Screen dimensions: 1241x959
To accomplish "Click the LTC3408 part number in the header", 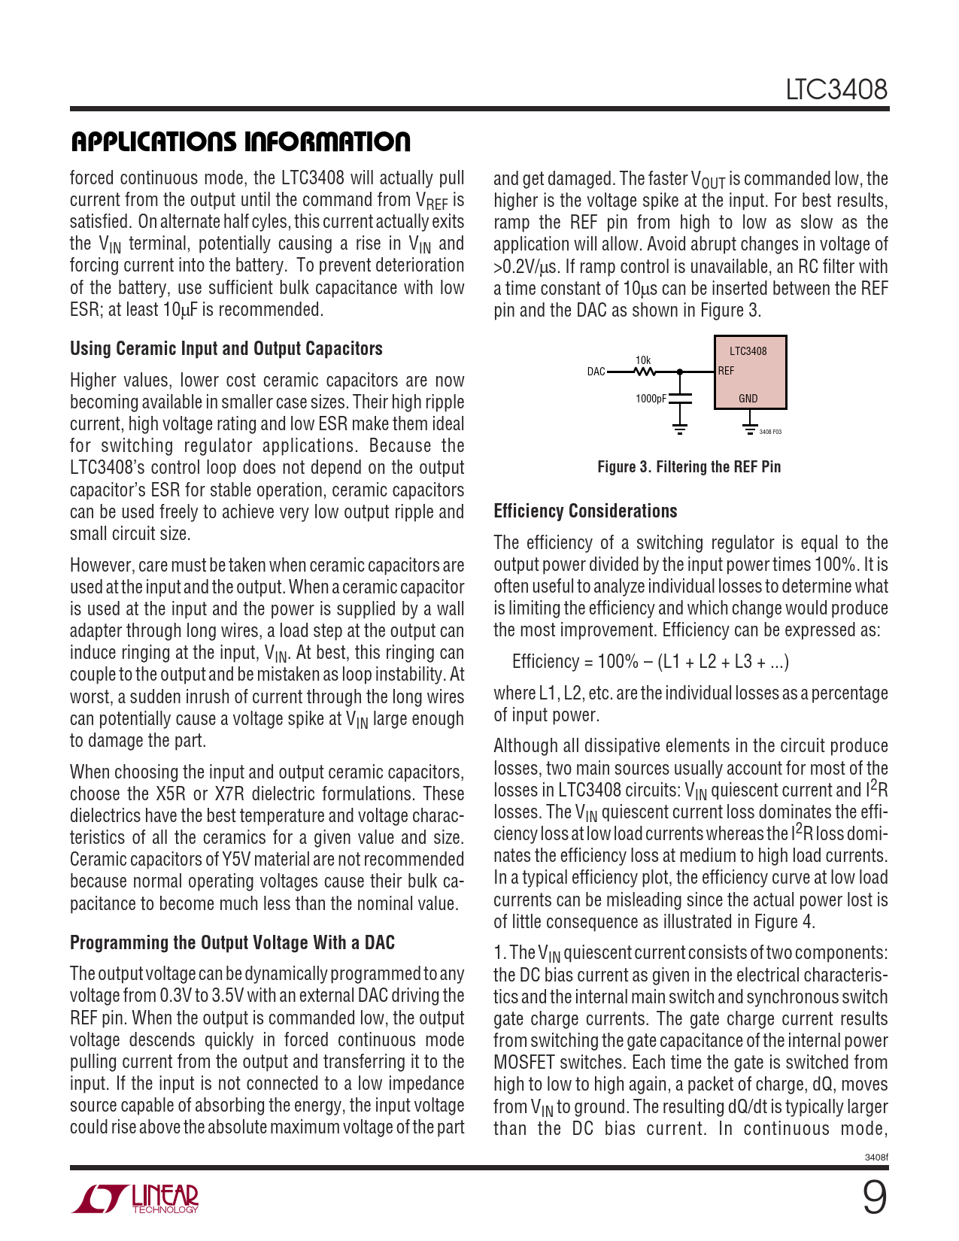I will tap(836, 90).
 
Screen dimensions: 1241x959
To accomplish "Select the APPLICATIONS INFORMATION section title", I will tap(241, 141).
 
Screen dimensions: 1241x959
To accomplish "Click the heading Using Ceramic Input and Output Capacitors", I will tap(226, 349).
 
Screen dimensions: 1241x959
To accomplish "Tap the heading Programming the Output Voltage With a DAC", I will tap(232, 943).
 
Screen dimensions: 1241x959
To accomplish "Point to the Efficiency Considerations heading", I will tap(585, 511).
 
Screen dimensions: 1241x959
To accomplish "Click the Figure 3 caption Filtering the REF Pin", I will tap(689, 467).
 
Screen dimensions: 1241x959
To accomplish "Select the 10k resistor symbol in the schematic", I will tap(644, 372).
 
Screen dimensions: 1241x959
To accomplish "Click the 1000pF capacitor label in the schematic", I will tap(651, 399).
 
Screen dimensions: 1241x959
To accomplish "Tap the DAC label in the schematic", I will tap(596, 372).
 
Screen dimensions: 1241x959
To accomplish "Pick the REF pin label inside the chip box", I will tap(726, 371).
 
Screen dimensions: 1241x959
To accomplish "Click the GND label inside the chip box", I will tap(748, 399).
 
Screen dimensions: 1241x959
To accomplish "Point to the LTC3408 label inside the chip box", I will tap(748, 351).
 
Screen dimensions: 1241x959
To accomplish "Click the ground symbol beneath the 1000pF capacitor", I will tap(680, 429).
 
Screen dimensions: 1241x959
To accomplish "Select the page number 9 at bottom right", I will tap(874, 1198).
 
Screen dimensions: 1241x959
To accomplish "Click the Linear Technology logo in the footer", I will tap(135, 1199).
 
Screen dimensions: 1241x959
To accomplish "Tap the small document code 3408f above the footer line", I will tap(876, 1158).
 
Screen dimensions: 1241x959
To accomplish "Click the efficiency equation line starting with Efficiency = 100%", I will tap(650, 662).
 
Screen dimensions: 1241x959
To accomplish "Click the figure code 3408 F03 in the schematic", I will tap(770, 432).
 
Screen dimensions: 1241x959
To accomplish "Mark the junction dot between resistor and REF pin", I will tap(680, 372).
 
